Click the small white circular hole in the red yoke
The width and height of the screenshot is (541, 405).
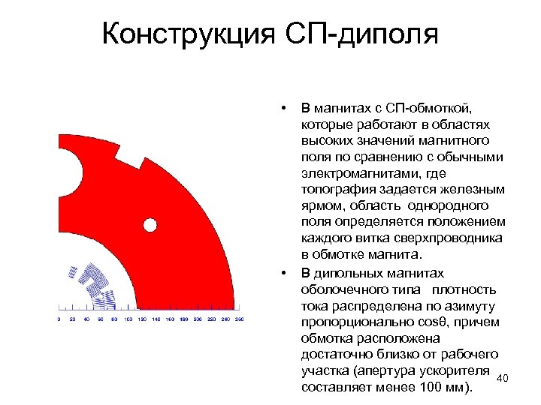click(150, 224)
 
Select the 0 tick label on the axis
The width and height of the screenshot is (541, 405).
click(59, 319)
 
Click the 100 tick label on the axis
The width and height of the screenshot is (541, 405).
click(128, 319)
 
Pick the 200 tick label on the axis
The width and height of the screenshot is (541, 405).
click(198, 319)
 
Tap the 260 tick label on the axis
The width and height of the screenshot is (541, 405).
click(239, 319)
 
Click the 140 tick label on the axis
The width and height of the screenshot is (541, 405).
click(156, 319)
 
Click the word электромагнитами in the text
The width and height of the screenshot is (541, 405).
click(349, 172)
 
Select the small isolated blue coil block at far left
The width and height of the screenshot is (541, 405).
click(72, 273)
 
